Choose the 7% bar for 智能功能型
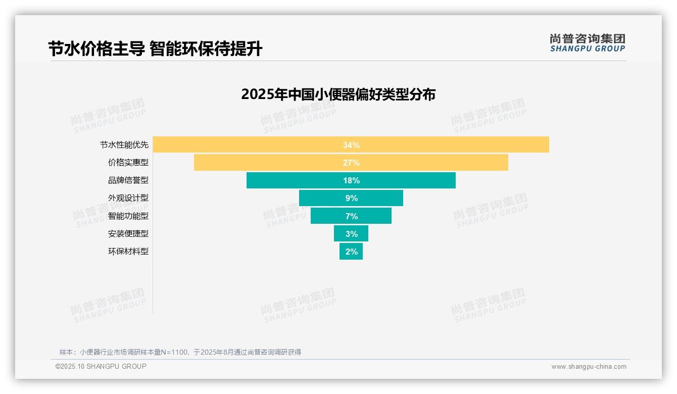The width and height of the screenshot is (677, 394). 328,216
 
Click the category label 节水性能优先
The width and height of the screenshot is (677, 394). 124,145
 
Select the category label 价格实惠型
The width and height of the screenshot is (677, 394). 128,163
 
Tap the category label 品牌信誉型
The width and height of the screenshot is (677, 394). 128,180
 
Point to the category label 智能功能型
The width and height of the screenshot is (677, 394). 128,216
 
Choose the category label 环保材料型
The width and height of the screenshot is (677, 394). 128,251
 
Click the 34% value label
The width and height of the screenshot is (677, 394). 351,145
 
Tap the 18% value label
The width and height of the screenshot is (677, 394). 351,180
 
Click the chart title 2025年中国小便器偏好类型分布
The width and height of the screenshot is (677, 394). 338,94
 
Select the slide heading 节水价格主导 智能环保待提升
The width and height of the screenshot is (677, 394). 155,49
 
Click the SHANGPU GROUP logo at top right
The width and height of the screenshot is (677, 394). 587,43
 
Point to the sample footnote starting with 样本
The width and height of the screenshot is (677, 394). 180,352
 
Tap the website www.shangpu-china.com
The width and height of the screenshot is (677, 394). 589,367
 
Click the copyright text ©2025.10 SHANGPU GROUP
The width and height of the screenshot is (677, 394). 101,366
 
